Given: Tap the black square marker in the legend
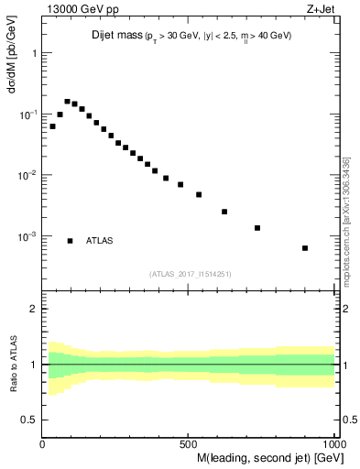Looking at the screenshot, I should [71, 241].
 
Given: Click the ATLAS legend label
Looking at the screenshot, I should [100, 241].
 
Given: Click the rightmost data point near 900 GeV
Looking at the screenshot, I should [305, 248].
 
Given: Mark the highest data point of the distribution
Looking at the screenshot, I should [67, 102].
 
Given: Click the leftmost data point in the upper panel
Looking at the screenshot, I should [52, 126].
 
